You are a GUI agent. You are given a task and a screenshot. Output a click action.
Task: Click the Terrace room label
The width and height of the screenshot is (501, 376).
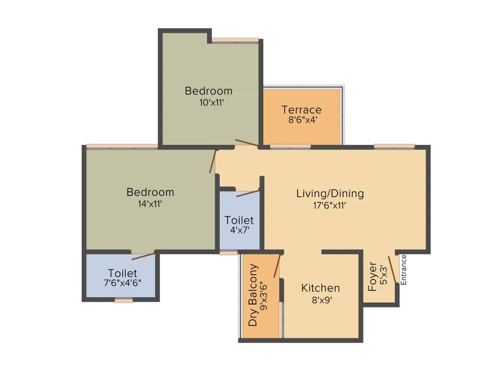301,110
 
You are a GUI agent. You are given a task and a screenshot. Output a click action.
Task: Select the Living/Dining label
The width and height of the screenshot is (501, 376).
330,193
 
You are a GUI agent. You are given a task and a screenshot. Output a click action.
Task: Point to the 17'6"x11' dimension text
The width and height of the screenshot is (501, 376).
330,206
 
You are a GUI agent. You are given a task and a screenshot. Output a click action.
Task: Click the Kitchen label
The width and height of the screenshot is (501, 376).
320,288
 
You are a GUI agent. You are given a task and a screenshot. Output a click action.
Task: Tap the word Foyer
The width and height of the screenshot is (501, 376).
373,277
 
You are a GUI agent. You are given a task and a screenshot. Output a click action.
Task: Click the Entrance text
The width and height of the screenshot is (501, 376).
404,270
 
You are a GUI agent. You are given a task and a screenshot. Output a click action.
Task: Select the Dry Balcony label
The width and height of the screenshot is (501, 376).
253,295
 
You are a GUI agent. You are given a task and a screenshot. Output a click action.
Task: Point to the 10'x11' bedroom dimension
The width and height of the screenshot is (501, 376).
208,103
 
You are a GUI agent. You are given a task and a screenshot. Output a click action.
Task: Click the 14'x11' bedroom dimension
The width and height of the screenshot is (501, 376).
150,204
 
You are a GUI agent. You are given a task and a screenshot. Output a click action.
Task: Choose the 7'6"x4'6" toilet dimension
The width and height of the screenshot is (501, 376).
122,283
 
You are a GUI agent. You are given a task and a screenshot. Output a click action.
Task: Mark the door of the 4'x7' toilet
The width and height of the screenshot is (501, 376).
248,193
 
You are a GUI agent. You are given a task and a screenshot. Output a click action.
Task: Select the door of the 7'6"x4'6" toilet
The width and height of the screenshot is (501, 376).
143,256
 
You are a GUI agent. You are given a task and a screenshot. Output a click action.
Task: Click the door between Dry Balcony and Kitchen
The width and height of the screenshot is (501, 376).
277,266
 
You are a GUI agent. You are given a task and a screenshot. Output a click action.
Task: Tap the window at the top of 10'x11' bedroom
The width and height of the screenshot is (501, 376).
235,40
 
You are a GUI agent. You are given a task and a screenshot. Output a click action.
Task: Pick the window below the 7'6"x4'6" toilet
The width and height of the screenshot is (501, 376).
124,301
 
